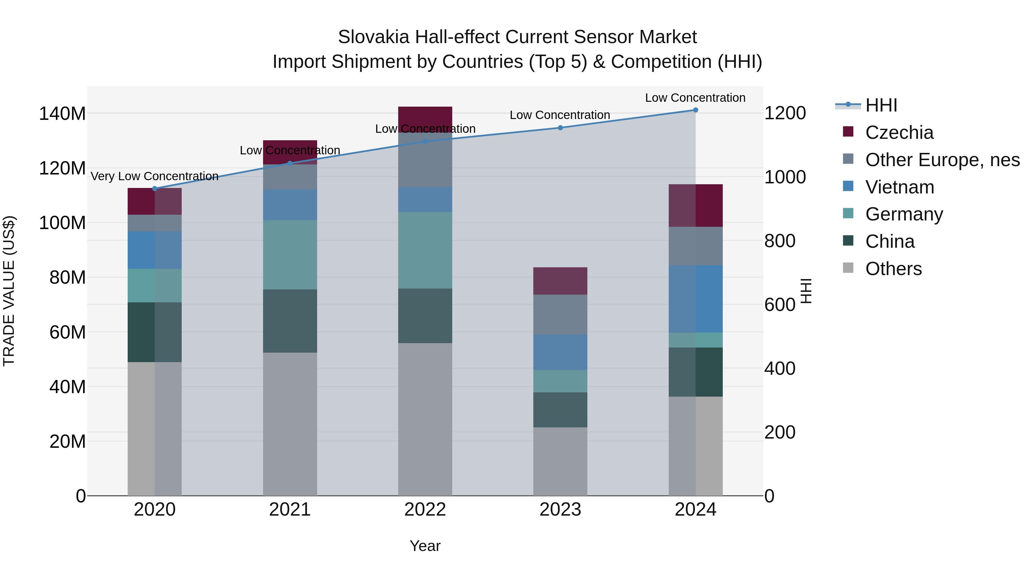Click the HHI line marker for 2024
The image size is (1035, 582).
tap(695, 110)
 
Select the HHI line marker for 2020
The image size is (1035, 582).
tap(155, 188)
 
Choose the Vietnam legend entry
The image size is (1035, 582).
tap(900, 187)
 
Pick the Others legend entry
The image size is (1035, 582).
tap(893, 269)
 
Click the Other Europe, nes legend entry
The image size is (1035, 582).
tap(942, 160)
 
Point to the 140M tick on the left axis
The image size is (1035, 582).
tap(62, 114)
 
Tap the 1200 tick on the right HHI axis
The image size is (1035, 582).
tap(785, 113)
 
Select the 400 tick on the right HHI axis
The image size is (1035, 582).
tap(779, 368)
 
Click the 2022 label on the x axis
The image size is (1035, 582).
tap(425, 510)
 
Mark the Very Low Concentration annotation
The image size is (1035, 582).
tap(155, 176)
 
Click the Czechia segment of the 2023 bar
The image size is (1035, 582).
tap(560, 281)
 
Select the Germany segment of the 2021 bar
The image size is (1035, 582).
tap(290, 255)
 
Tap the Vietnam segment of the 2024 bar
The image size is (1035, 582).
tap(695, 299)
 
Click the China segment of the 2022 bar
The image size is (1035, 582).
tap(425, 316)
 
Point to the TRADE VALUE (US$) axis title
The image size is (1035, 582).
tap(9, 291)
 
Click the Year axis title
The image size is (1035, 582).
tap(425, 546)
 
